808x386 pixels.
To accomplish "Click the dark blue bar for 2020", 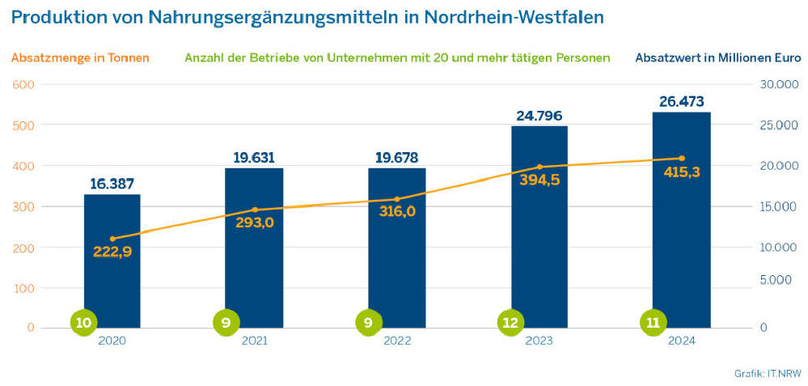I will [x=112, y=275].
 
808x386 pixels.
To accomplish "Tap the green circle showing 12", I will [x=510, y=322].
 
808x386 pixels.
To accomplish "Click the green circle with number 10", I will [x=83, y=322].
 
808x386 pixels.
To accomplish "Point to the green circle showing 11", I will [x=653, y=322].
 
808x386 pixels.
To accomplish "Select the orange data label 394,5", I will [x=539, y=180].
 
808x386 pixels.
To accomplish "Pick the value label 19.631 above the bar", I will [x=254, y=157].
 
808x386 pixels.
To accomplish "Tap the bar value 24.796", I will [x=539, y=116].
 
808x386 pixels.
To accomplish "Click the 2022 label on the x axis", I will [x=396, y=341].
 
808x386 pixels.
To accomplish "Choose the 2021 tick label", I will [x=254, y=341].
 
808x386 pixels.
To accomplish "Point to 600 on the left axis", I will [x=22, y=84].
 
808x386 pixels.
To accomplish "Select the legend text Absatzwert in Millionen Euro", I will [x=718, y=58].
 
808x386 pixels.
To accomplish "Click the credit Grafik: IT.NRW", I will [x=768, y=373].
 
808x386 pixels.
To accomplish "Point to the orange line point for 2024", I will [x=681, y=158].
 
